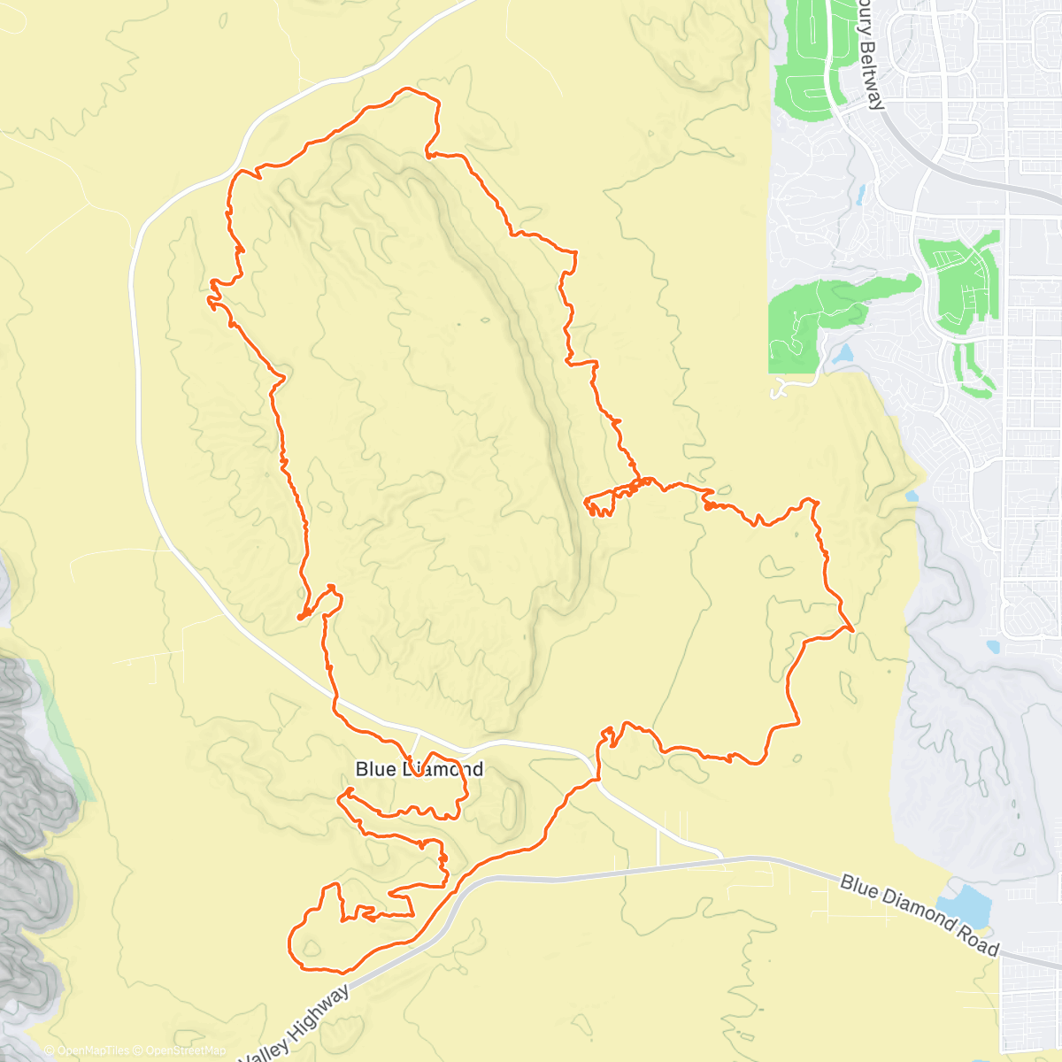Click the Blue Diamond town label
(419, 769)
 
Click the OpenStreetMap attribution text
(186, 1050)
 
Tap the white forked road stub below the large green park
(781, 388)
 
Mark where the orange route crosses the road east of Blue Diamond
(596, 779)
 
